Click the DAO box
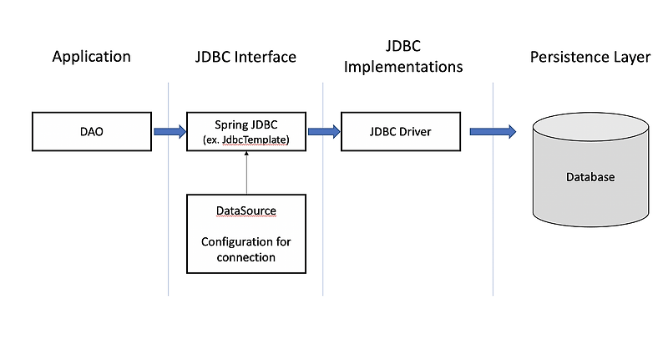pyautogui.click(x=92, y=132)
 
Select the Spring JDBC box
pyautogui.click(x=246, y=132)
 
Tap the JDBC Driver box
pyautogui.click(x=401, y=132)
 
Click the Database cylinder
pyautogui.click(x=591, y=170)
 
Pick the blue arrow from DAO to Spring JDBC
pyautogui.click(x=170, y=132)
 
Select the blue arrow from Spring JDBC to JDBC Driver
pyautogui.click(x=324, y=132)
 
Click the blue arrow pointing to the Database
pyautogui.click(x=493, y=132)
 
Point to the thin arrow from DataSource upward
pyautogui.click(x=246, y=173)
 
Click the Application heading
pyautogui.click(x=92, y=57)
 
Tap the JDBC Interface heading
pyautogui.click(x=245, y=57)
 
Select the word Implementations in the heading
pyautogui.click(x=403, y=68)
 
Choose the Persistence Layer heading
pyautogui.click(x=590, y=57)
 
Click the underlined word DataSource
pyautogui.click(x=246, y=210)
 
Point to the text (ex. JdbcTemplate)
pyautogui.click(x=246, y=139)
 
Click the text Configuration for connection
pyautogui.click(x=246, y=250)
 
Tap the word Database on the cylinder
pyautogui.click(x=590, y=177)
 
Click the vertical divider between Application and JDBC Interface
pyautogui.click(x=169, y=189)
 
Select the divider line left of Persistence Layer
pyautogui.click(x=493, y=189)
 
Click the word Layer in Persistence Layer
pyautogui.click(x=632, y=58)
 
